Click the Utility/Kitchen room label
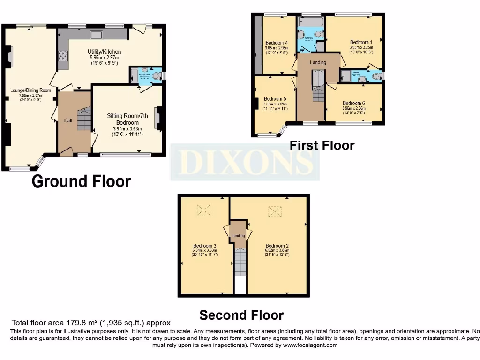click(x=104, y=52)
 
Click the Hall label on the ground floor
click(x=68, y=120)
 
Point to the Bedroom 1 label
click(x=361, y=42)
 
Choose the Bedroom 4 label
click(x=276, y=43)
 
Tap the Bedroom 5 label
click(x=275, y=99)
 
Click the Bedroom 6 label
click(x=354, y=103)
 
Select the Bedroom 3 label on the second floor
click(x=204, y=246)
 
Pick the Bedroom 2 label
click(x=277, y=246)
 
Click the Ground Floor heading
click(x=81, y=181)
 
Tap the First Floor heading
click(x=322, y=145)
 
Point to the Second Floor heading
click(x=241, y=315)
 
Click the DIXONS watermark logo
click(x=245, y=162)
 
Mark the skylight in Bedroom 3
click(x=204, y=210)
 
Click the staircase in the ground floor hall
click(x=84, y=118)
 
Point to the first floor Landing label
click(x=318, y=62)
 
